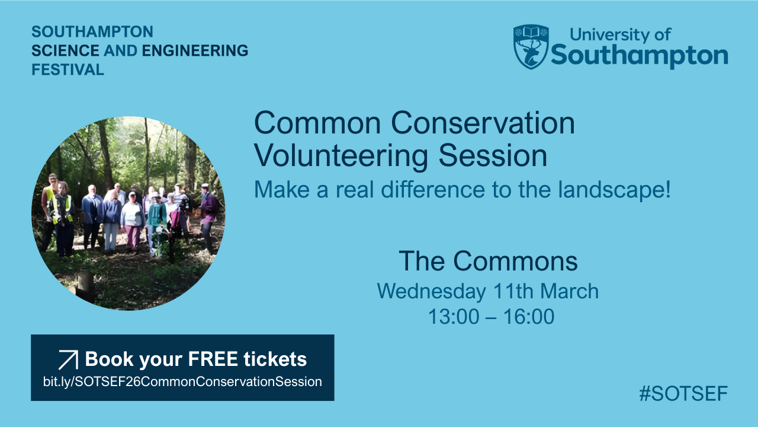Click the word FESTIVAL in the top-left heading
(x=68, y=70)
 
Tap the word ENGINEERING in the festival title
(x=195, y=50)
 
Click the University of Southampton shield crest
(x=531, y=47)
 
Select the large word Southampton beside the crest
(x=639, y=56)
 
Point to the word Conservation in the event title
(x=483, y=123)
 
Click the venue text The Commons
(x=488, y=261)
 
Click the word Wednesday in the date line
(x=432, y=291)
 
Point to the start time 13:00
(x=454, y=317)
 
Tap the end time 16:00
(x=529, y=317)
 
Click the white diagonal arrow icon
(x=68, y=360)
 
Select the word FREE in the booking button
(x=213, y=359)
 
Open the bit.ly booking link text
(x=182, y=382)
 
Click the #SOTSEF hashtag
(x=683, y=393)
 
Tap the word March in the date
(x=569, y=291)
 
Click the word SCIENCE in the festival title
(x=65, y=50)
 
